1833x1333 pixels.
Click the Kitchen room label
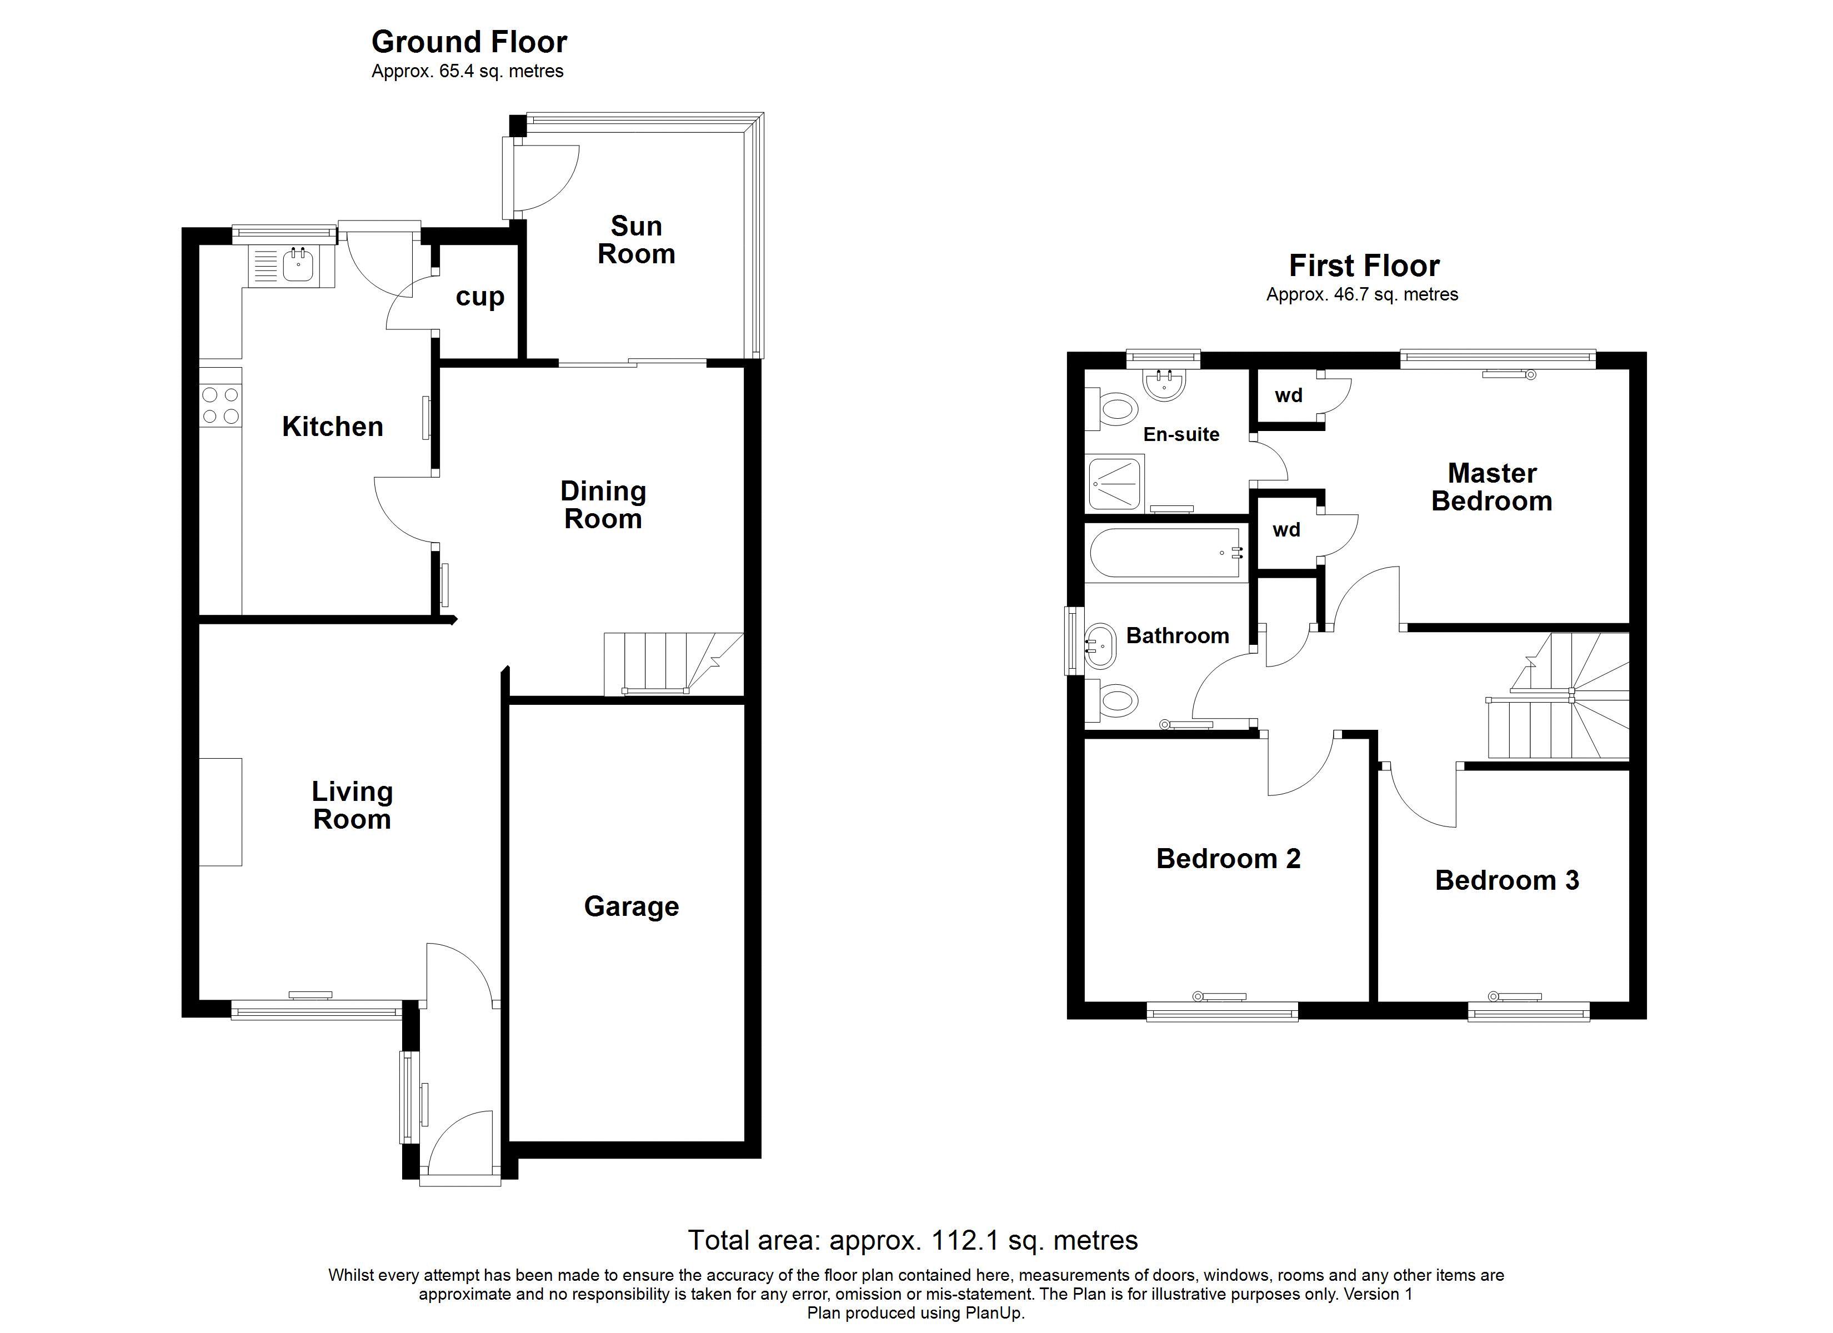tap(332, 427)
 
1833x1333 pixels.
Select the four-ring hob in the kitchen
tap(221, 406)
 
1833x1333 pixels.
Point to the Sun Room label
tap(636, 239)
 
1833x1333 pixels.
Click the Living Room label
tap(352, 805)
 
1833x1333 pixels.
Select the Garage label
tap(631, 906)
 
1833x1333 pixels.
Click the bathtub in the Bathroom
tap(1165, 554)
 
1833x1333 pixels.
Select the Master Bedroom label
tap(1492, 487)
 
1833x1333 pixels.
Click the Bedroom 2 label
tap(1229, 859)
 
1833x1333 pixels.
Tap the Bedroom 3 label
tap(1508, 880)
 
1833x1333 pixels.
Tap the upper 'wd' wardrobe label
tap(1288, 395)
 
